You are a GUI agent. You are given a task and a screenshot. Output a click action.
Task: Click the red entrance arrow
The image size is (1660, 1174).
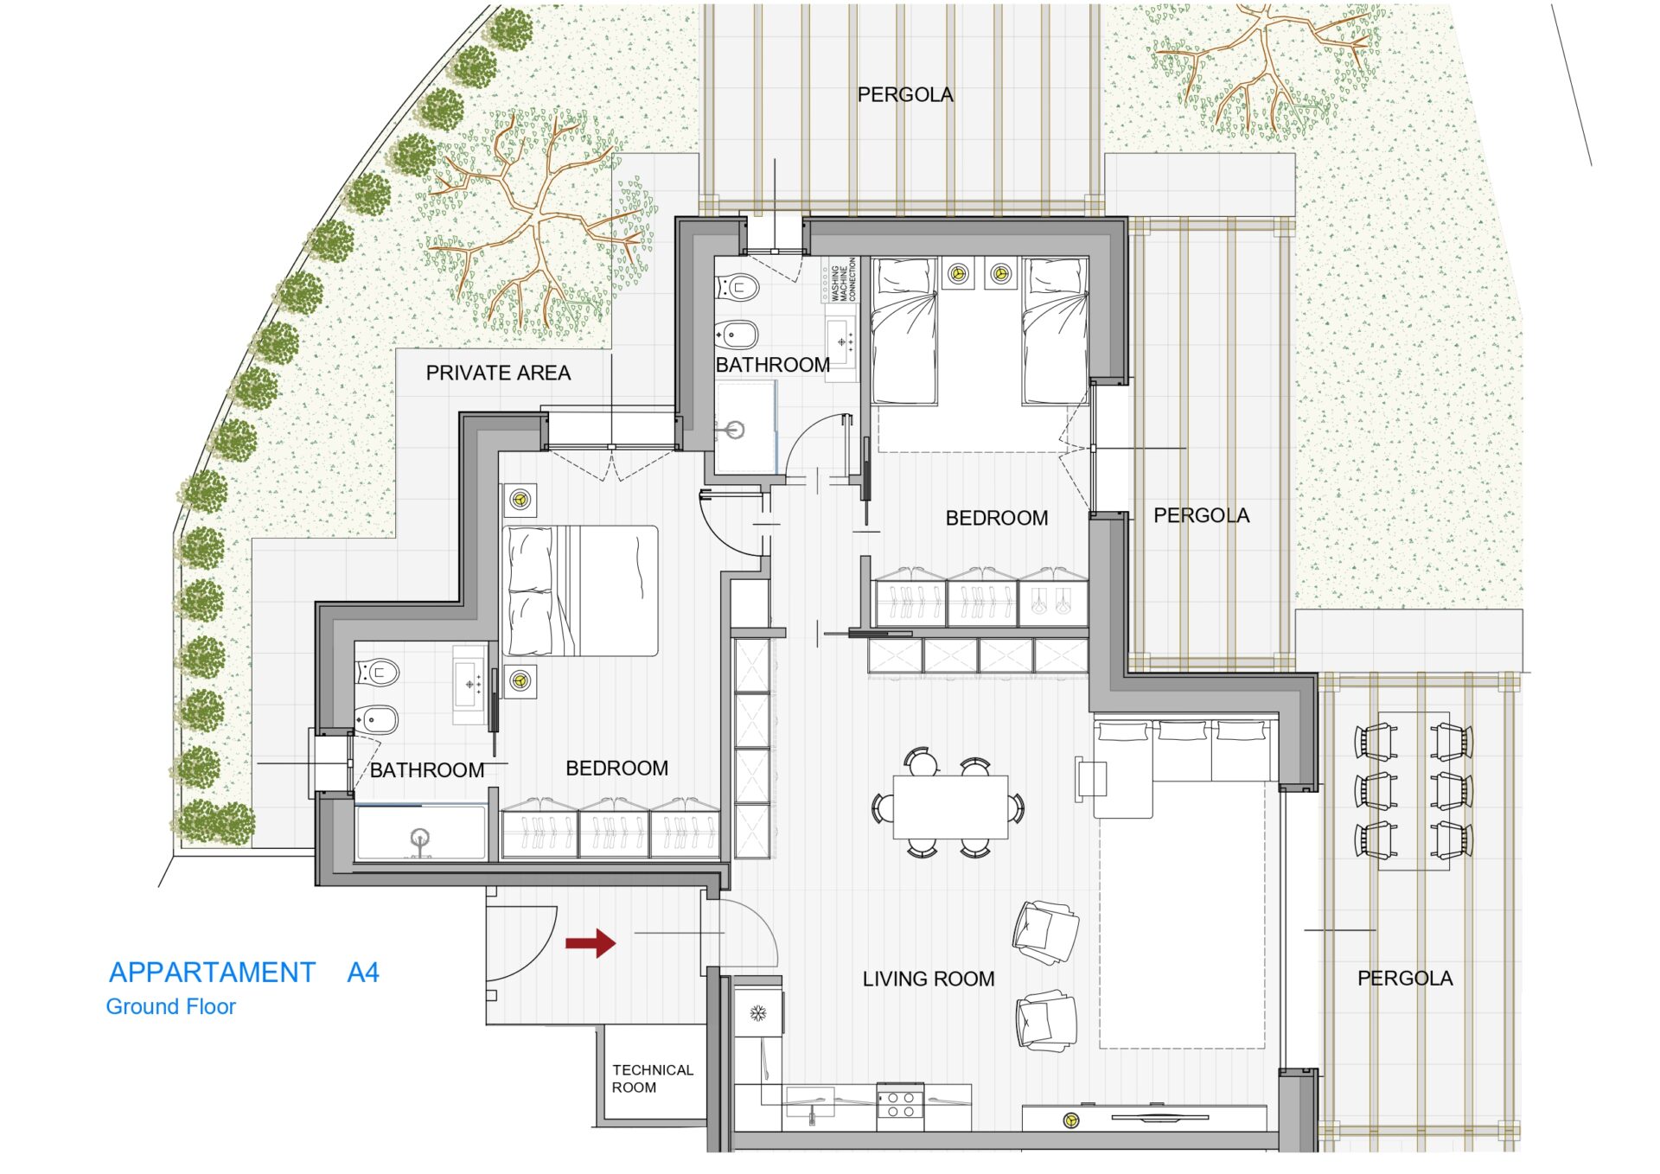[x=591, y=942]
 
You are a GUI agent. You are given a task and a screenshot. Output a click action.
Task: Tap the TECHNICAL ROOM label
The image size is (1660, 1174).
[x=653, y=1078]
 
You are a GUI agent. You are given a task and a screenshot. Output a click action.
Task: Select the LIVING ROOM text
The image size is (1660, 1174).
[x=929, y=979]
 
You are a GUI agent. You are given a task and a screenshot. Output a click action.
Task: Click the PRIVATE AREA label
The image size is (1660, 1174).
[x=498, y=373]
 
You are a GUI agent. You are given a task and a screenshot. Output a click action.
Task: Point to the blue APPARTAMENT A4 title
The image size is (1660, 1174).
[x=244, y=973]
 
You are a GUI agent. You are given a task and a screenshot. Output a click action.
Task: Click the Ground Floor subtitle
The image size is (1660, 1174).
[x=170, y=1006]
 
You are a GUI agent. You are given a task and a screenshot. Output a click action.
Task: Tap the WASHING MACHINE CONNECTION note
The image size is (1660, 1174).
[x=844, y=279]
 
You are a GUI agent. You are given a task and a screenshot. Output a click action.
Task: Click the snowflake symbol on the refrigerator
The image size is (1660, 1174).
[x=758, y=1012]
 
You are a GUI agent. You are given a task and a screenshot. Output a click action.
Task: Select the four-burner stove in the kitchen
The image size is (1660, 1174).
[x=900, y=1105]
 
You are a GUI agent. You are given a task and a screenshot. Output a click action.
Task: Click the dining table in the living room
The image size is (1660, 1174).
[x=950, y=807]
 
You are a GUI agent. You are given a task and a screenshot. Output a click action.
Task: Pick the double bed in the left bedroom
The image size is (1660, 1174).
[x=580, y=590]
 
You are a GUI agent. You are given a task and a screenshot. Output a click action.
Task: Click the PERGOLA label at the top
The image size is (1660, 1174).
[x=905, y=94]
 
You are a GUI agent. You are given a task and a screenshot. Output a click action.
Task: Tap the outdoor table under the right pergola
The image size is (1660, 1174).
[x=1414, y=790]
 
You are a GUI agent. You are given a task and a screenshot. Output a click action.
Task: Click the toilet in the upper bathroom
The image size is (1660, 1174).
[x=737, y=286]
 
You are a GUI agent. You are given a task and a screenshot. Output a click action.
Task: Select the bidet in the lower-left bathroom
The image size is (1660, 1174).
[x=376, y=718]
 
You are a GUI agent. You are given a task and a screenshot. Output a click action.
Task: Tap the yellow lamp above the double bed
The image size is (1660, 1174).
[x=520, y=499]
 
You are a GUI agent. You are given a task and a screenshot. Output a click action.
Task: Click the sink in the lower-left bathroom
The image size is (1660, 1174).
[x=470, y=685]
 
